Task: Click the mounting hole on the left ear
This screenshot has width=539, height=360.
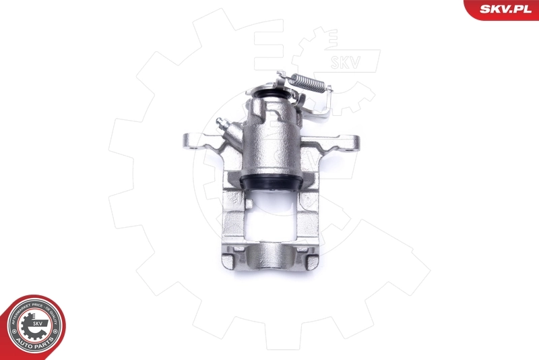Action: [x=191, y=142]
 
